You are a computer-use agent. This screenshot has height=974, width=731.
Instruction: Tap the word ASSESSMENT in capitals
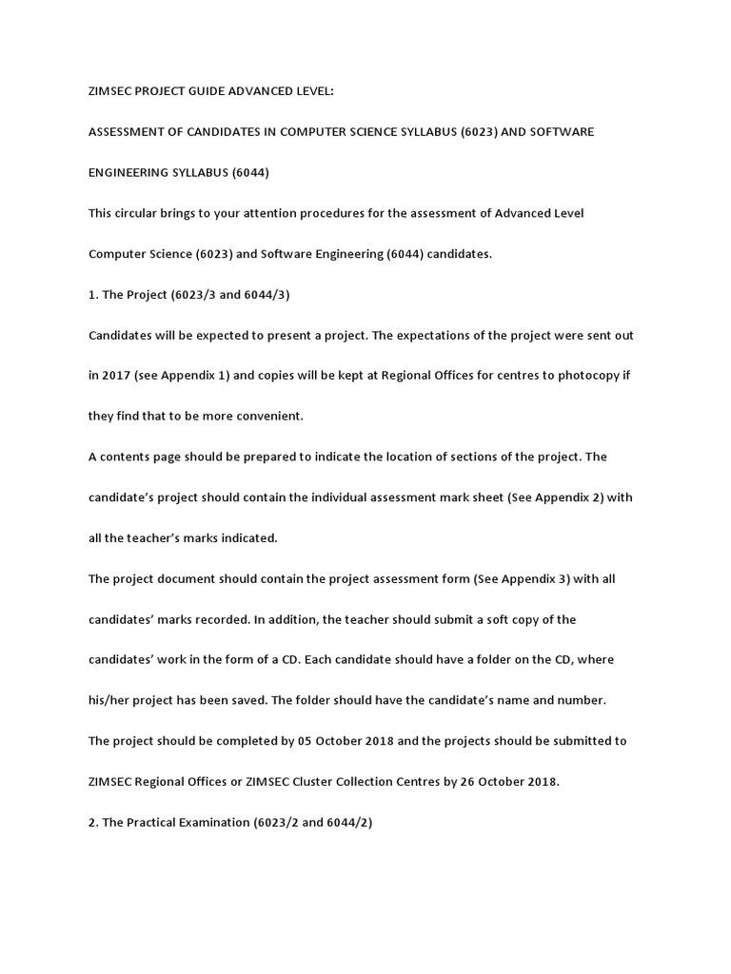point(130,131)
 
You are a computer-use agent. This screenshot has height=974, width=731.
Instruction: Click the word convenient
point(269,416)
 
